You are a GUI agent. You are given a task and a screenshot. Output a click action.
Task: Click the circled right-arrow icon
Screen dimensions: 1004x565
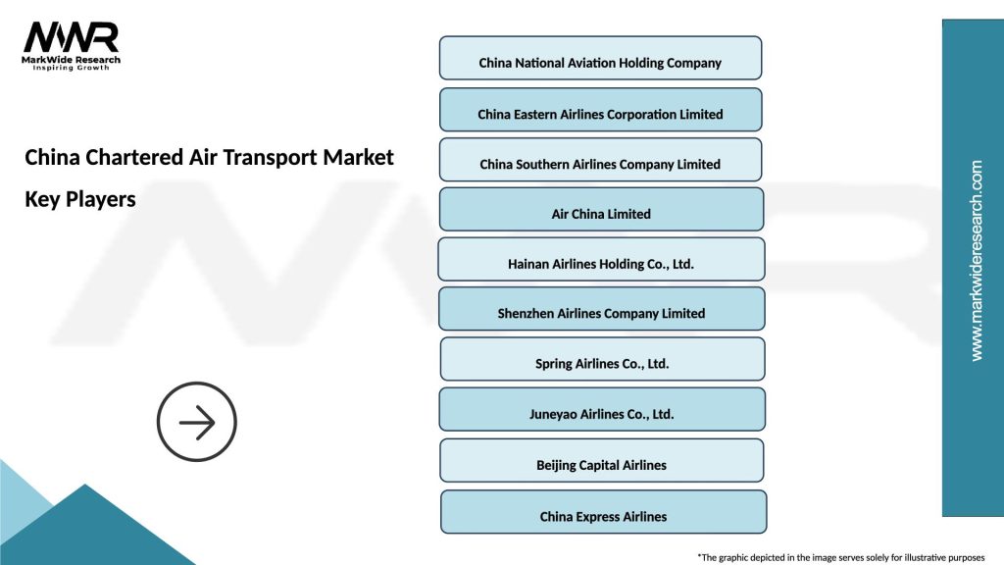197,423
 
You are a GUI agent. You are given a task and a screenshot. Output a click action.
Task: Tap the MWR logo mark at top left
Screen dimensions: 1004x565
72,37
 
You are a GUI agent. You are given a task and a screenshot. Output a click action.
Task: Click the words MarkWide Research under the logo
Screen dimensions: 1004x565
72,60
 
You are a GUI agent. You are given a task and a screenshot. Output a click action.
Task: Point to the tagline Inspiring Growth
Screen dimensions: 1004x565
72,69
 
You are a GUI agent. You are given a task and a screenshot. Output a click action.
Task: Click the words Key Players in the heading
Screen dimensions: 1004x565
80,199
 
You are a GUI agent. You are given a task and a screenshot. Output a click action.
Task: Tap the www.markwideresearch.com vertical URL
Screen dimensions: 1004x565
976,261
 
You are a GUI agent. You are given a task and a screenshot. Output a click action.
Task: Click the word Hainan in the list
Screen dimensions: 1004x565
530,264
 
